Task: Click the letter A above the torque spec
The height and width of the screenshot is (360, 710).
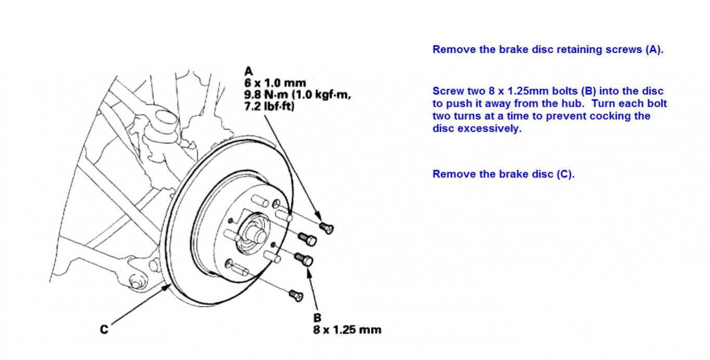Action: click(x=248, y=71)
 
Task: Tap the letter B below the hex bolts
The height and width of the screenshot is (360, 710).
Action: click(x=317, y=317)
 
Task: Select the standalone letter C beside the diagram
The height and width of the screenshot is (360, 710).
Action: click(x=104, y=329)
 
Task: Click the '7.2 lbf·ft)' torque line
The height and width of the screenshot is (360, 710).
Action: click(x=269, y=107)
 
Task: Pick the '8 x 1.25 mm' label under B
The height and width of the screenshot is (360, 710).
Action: click(x=347, y=329)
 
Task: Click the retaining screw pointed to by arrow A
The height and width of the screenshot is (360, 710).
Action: click(x=326, y=227)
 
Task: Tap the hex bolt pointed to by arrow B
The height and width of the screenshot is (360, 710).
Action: click(x=305, y=259)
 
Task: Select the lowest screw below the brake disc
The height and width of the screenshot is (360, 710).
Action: click(x=296, y=295)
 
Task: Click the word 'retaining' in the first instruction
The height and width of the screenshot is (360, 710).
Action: click(x=528, y=50)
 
